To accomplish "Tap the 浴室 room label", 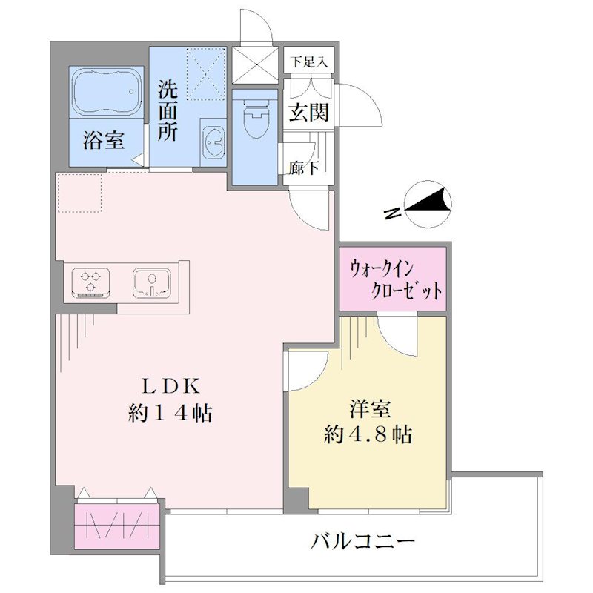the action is point(104,140).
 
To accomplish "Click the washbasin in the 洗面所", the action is point(213,142).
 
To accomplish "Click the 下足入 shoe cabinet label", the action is point(309,61).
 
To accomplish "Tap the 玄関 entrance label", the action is point(308,112).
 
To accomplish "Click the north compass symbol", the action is point(428,204).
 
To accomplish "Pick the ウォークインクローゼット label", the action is point(396,280).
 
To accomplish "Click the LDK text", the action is point(170,386).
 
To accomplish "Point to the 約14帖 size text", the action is point(170,413).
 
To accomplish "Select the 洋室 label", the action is point(370,409).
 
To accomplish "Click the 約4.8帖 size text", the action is point(368,434).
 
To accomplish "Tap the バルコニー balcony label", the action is point(362,542).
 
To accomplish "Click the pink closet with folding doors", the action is point(117,526).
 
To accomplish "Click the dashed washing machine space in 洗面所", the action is point(206,74).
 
